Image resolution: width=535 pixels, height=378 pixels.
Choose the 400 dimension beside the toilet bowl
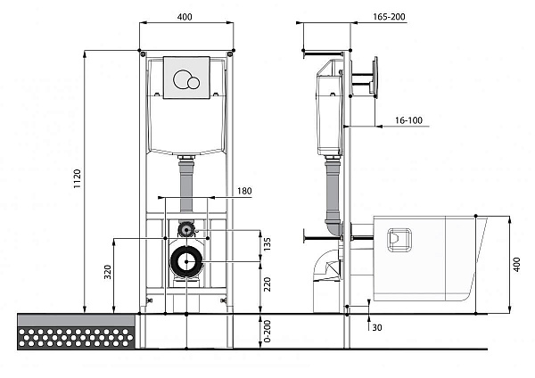click(x=516, y=264)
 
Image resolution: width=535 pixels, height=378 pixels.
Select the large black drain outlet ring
click(x=185, y=262)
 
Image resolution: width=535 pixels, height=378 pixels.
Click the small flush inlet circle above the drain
click(x=185, y=229)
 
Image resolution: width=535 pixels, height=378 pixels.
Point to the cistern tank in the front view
click(x=185, y=125)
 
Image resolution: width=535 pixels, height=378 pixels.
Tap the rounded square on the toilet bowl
click(x=398, y=238)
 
